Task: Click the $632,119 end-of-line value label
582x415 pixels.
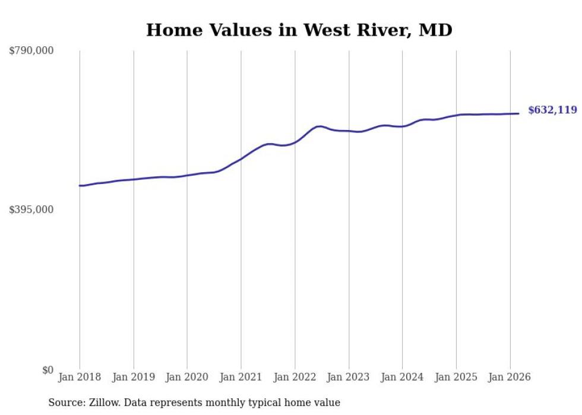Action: point(552,110)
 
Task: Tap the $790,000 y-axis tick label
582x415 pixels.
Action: point(31,51)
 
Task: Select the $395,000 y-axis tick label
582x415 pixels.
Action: point(31,210)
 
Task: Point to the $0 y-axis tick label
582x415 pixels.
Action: point(48,370)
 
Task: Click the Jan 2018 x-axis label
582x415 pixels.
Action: point(80,377)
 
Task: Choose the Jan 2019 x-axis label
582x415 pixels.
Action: point(134,377)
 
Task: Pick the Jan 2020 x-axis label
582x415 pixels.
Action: point(187,377)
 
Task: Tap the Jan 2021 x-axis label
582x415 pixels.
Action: point(241,377)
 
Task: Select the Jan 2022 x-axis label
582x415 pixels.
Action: point(295,377)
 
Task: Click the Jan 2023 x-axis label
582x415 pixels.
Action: point(349,377)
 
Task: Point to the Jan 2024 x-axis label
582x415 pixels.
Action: point(402,377)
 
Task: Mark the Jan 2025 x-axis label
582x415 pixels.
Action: point(456,377)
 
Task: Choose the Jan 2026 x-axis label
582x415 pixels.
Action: point(510,377)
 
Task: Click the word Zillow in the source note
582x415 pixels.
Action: point(103,403)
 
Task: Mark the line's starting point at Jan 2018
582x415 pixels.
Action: point(80,186)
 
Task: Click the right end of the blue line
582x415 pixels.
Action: point(519,113)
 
